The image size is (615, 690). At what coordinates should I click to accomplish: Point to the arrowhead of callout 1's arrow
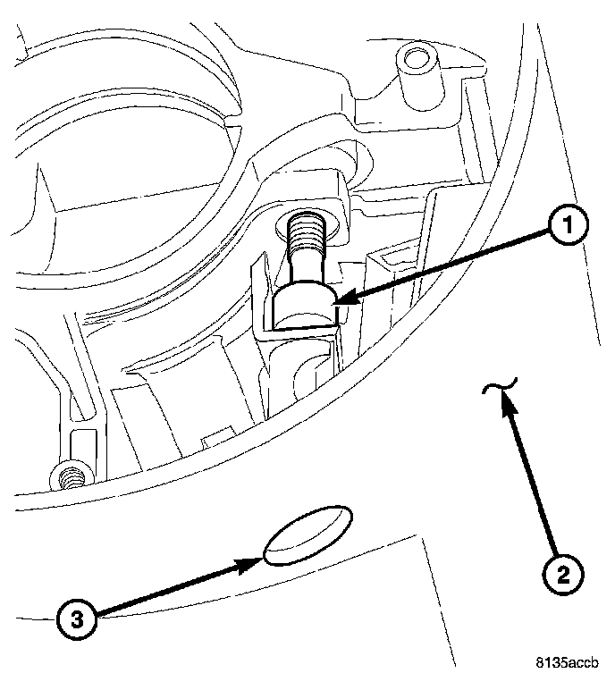[341, 303]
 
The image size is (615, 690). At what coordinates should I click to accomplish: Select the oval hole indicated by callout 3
[307, 535]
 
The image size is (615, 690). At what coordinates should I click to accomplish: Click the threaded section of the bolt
[306, 237]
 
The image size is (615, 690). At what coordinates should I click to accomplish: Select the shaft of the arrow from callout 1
[447, 265]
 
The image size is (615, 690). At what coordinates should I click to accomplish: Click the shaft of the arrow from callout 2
[533, 478]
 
